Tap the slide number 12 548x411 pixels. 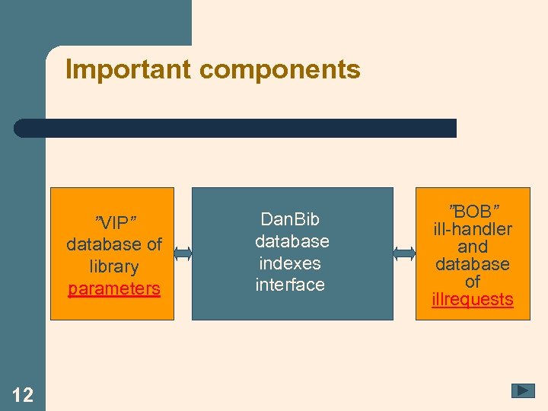23,394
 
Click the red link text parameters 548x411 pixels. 114,289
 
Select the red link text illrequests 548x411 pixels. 473,299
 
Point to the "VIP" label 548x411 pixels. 114,222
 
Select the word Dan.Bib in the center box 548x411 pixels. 290,219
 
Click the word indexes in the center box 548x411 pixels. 290,263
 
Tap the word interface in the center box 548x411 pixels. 290,285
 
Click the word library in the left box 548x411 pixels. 114,267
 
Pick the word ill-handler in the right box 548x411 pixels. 473,229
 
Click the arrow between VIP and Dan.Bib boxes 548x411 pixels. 183,253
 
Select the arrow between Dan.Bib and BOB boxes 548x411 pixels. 404,253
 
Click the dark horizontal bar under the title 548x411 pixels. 236,128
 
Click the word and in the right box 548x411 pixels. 473,247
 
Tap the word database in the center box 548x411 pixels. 292,241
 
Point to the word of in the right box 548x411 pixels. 473,282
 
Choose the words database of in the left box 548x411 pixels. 114,244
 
